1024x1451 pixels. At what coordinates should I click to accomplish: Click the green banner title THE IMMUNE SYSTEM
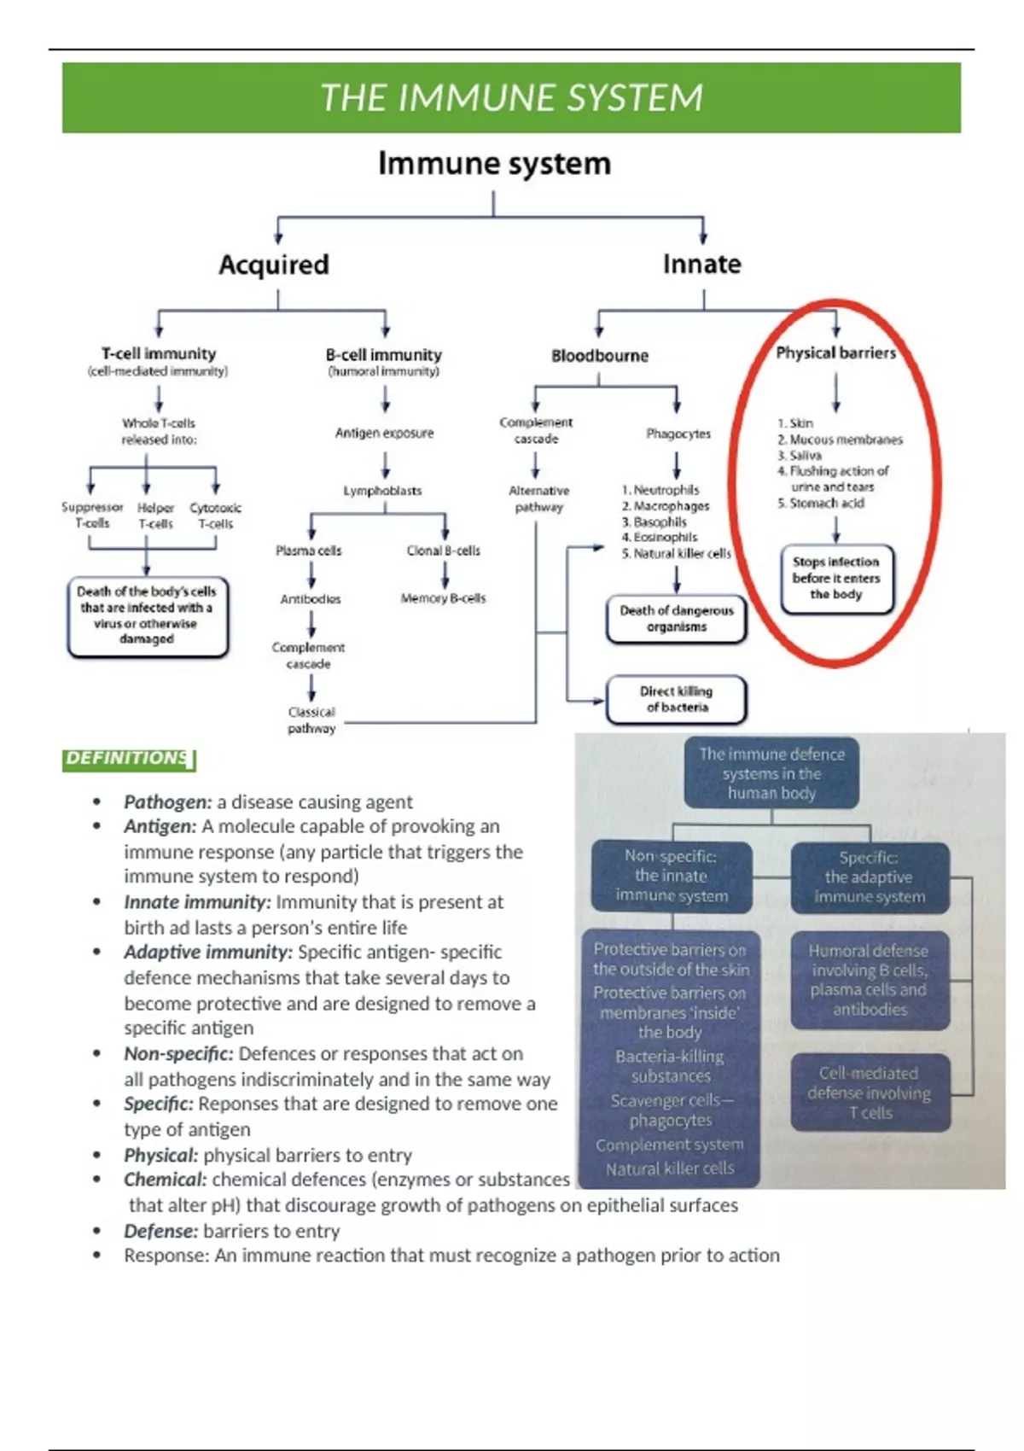(x=511, y=97)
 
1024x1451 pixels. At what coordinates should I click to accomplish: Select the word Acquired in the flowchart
(x=274, y=265)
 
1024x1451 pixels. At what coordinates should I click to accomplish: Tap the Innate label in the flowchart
(x=701, y=264)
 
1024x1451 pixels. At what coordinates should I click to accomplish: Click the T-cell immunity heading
(x=159, y=353)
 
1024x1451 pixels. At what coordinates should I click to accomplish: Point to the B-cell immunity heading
(x=384, y=354)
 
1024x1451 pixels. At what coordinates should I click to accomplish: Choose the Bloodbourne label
(x=599, y=356)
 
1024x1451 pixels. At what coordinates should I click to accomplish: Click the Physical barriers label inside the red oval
(x=835, y=353)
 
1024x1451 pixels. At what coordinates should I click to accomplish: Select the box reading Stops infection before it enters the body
(x=836, y=578)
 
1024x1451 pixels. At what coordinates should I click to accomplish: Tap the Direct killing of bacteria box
(x=676, y=699)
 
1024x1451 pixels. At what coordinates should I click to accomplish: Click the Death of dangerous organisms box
(x=676, y=619)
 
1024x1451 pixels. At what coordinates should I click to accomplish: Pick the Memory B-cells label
(x=443, y=598)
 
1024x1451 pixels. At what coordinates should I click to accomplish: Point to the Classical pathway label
(x=311, y=720)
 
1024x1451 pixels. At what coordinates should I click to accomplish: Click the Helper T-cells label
(x=155, y=516)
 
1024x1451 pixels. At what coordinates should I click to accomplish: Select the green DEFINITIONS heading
(x=128, y=759)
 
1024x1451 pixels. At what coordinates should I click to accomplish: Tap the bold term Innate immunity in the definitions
(x=197, y=902)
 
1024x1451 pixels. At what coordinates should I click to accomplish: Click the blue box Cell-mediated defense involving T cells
(x=870, y=1093)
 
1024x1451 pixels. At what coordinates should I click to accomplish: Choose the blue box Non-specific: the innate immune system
(x=672, y=876)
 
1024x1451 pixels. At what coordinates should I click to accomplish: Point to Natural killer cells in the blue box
(x=670, y=1168)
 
